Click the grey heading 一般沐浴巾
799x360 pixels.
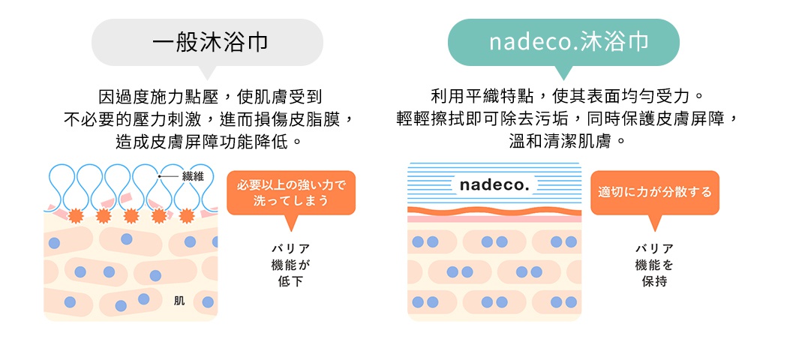207,41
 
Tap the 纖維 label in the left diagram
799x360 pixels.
193,175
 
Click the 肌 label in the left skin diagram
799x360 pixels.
179,301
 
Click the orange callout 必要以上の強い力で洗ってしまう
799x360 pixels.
290,193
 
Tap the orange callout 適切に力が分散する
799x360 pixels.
654,193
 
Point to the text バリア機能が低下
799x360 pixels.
290,264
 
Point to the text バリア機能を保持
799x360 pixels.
654,264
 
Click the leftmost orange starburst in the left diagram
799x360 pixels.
76,216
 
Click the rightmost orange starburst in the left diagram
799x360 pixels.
185,216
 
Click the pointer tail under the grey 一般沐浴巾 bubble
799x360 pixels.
207,73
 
